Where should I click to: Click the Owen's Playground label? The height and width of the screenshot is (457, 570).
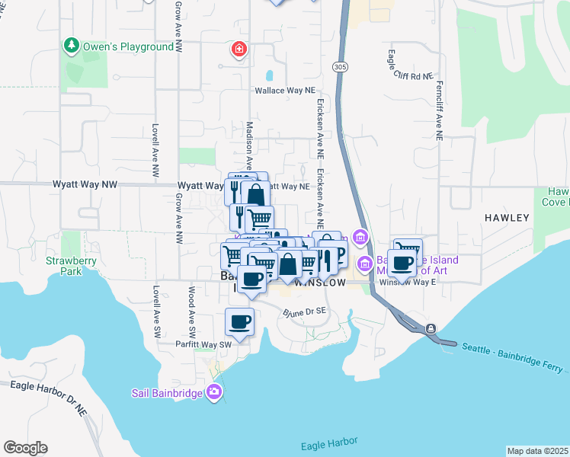[129, 46]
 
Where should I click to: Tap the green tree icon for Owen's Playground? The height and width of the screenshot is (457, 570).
[72, 46]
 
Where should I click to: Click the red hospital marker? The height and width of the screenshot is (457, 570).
[239, 50]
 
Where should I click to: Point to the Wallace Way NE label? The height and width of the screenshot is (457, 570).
[284, 90]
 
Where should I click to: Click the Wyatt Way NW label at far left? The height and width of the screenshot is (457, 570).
[85, 184]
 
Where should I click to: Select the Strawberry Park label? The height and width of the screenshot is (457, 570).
[63, 265]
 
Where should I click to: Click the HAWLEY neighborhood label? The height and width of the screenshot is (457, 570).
[507, 218]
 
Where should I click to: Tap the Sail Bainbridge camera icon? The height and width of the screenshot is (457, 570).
[215, 391]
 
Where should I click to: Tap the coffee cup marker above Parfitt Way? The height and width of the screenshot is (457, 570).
[240, 323]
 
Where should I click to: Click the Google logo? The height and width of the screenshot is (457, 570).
[25, 448]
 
